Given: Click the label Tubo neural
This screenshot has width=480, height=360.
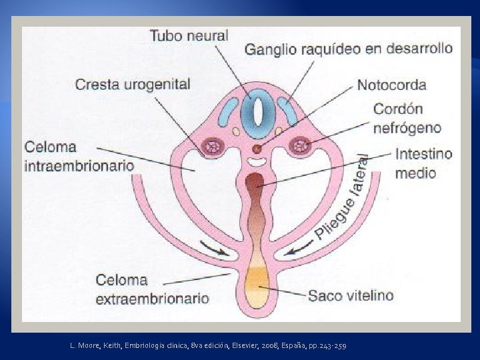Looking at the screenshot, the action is click(189, 35).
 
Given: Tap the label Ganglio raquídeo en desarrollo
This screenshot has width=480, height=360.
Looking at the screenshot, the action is click(348, 49).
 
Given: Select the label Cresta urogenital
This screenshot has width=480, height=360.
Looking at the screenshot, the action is click(133, 85).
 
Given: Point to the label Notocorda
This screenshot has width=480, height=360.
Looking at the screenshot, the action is click(391, 85).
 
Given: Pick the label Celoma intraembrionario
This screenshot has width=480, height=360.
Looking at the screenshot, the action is click(79, 156).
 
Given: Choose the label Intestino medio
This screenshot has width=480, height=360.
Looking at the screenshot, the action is click(423, 163).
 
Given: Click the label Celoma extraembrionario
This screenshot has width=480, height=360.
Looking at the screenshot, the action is click(152, 289).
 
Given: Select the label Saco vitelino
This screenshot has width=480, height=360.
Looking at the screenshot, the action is click(350, 295).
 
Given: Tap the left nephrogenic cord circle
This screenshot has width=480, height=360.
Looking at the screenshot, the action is click(214, 145).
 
